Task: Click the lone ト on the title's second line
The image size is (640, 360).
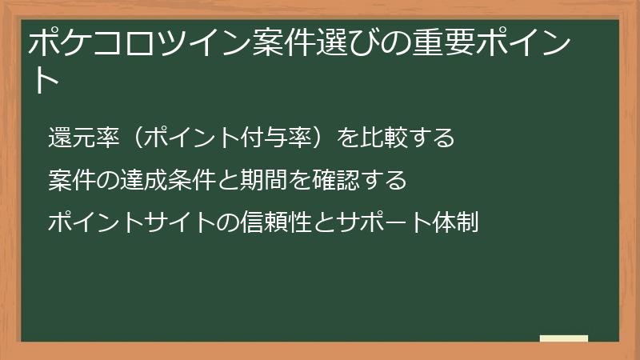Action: click(46, 80)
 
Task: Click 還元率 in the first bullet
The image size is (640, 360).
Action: click(84, 138)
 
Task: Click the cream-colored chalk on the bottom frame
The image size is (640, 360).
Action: click(564, 338)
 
